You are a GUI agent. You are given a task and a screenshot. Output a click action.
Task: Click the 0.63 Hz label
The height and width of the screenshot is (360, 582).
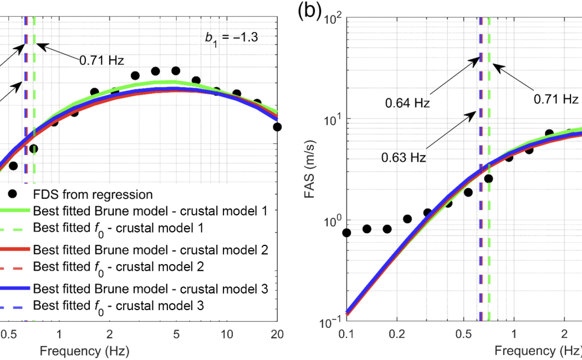403,157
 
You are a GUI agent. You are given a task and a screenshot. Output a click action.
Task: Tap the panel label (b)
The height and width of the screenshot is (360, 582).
310,12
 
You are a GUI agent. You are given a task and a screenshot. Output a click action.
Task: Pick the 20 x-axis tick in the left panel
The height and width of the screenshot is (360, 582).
277,335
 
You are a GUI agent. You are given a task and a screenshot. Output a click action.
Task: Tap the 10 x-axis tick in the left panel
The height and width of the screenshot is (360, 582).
227,335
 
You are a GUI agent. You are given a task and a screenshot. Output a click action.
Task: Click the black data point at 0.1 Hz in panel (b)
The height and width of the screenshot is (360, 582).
346,233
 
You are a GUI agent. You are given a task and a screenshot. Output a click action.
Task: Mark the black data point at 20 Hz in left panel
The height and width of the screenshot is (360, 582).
277,127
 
